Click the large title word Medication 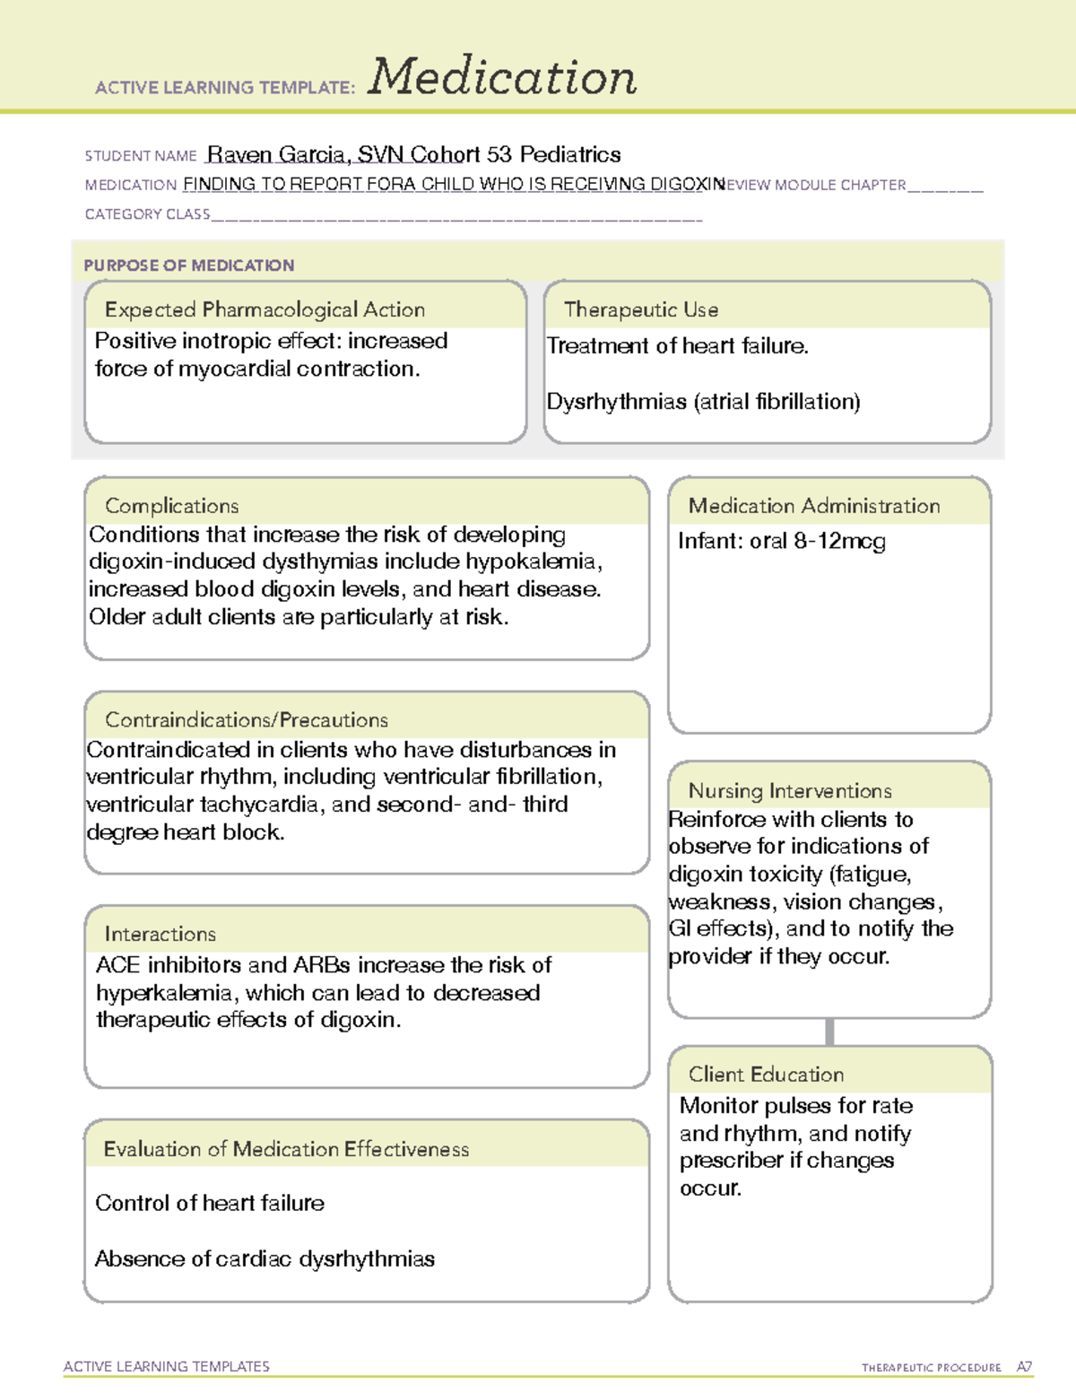[502, 77]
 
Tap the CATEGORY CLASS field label [147, 214]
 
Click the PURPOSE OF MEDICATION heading [188, 266]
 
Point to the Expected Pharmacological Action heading [265, 309]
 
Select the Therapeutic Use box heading [640, 309]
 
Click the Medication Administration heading [813, 506]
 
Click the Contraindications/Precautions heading [247, 720]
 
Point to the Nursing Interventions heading [789, 791]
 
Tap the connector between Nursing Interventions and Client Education [829, 1032]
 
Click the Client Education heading [766, 1075]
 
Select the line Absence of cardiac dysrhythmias [265, 1259]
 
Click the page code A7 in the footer [1024, 1367]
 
